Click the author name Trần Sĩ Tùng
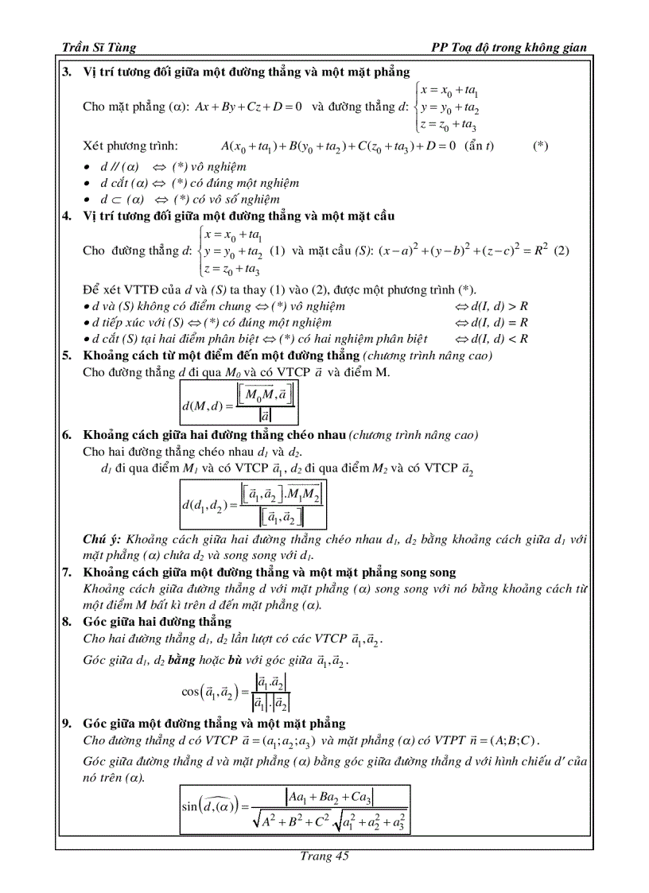(99, 48)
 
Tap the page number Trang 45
(324, 856)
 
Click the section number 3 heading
(67, 72)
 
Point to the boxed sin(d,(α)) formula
(295, 808)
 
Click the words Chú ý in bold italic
(102, 539)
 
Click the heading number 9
(67, 723)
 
